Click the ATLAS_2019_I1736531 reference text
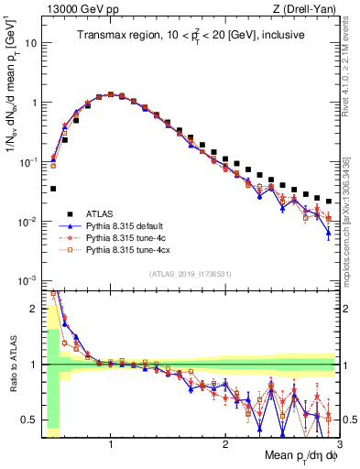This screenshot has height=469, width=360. point(190,275)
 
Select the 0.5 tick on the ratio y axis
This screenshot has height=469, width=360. point(29,419)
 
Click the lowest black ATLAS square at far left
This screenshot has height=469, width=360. point(53,189)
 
